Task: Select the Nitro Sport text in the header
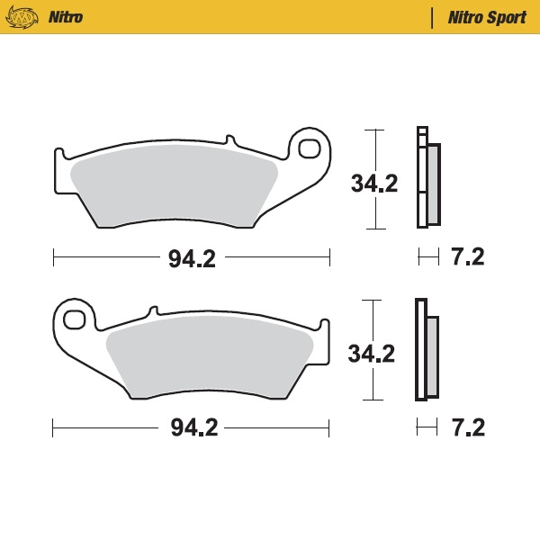point(487,17)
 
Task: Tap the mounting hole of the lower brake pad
point(75,319)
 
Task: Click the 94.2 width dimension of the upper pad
point(192,259)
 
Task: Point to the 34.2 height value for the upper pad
point(373,184)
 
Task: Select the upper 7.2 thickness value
point(467,257)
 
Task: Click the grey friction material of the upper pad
point(171,184)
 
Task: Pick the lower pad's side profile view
point(426,351)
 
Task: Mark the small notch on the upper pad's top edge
point(230,140)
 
